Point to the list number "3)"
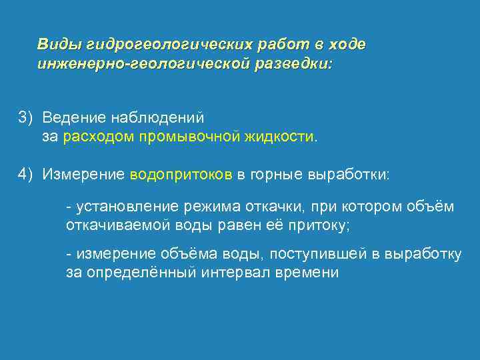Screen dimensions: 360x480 coord(25,117)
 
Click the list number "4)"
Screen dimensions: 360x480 coord(25,175)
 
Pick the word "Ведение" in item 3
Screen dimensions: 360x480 coord(71,117)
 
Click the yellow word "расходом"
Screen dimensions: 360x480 coord(99,137)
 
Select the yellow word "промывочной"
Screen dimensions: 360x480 coord(189,137)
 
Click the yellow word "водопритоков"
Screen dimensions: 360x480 coord(181,175)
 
